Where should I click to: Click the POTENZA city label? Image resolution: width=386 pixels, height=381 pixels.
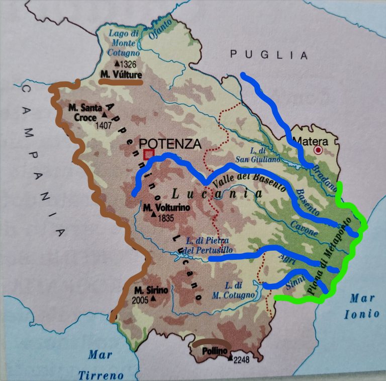coord(170,143)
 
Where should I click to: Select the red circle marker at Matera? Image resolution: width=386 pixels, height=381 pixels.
coord(318,150)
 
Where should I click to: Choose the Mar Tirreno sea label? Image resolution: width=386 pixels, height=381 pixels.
coord(101,364)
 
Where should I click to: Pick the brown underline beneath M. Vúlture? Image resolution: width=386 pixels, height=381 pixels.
coord(121,81)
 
